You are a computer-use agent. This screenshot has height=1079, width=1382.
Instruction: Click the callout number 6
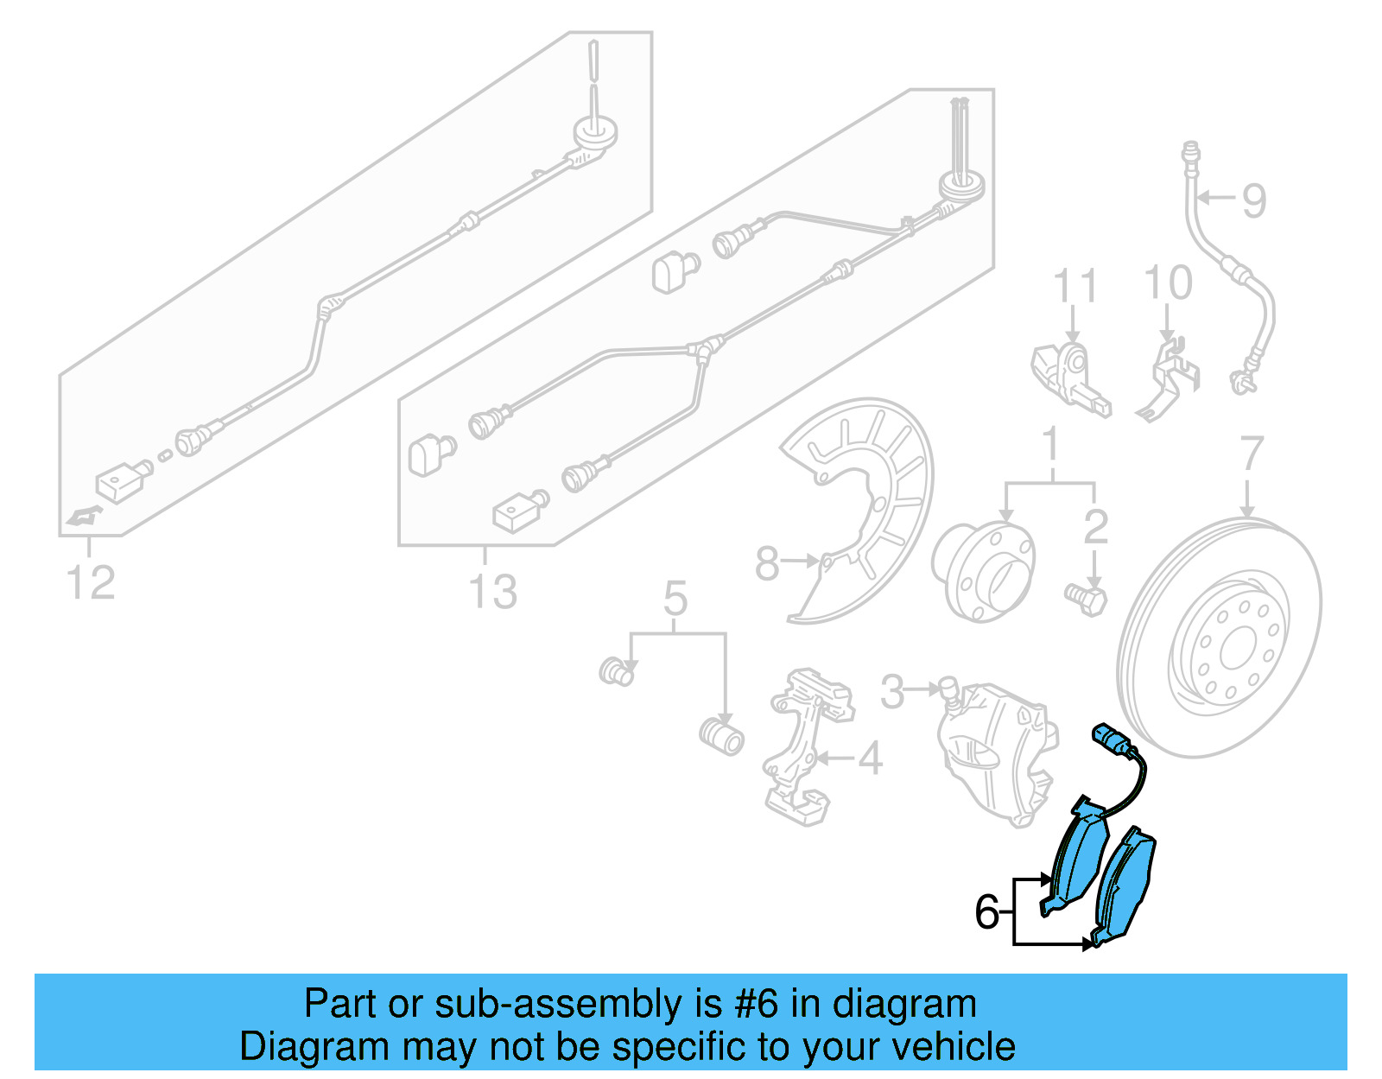(986, 912)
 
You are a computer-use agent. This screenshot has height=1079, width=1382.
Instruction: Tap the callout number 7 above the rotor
(1252, 454)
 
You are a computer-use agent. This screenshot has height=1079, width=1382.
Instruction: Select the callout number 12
(91, 583)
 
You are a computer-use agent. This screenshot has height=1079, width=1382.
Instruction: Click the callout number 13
(492, 593)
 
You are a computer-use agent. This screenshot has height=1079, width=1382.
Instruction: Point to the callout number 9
(1254, 200)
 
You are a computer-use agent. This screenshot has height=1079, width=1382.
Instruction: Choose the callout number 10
(1168, 283)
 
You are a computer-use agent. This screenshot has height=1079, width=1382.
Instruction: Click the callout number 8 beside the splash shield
(766, 563)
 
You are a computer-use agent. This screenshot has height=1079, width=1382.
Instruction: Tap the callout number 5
(675, 599)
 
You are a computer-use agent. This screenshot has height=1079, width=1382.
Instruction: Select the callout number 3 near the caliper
(892, 691)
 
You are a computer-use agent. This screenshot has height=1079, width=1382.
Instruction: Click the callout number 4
(870, 758)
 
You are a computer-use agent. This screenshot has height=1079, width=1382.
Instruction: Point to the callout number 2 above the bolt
(1095, 527)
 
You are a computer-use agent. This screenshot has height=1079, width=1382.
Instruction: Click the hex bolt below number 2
(1088, 599)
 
